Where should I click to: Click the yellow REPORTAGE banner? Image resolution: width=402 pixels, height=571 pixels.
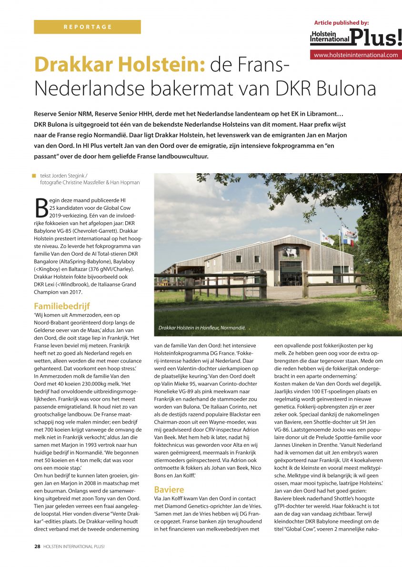coord(87,27)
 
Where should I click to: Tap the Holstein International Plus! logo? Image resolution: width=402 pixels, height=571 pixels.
coord(356,37)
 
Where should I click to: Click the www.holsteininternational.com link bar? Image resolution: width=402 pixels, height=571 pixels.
coord(356,55)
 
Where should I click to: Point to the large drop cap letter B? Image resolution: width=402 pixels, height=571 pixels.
coord(41,207)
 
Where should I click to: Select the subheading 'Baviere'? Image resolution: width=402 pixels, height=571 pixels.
coord(169,489)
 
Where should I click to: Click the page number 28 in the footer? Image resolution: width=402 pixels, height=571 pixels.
coord(37,547)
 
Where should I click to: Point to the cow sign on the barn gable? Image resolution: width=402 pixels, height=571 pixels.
coord(290,253)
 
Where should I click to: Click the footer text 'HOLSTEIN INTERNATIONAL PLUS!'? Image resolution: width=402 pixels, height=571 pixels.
coord(74,547)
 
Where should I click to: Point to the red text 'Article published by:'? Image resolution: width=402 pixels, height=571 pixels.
coord(341,22)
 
